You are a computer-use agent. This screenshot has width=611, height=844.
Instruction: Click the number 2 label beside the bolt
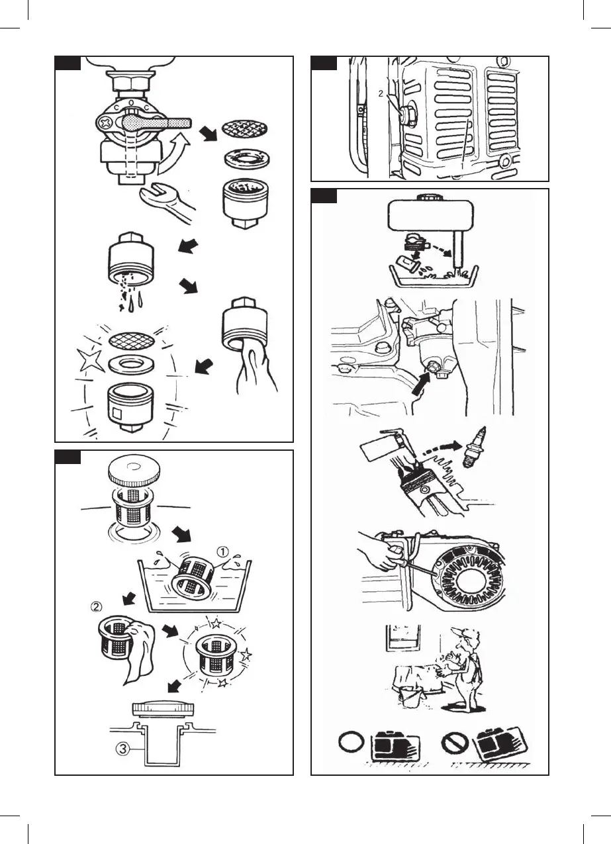click(381, 94)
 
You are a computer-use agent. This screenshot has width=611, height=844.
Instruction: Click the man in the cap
click(467, 669)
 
